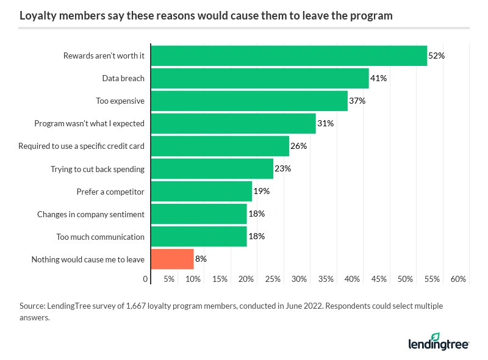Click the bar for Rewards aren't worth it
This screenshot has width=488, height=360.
point(289,56)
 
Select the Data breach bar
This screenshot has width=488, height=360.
point(260,78)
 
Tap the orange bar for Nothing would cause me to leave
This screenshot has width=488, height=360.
point(172,259)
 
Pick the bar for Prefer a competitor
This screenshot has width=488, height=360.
point(201,191)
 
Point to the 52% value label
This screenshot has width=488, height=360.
point(436,56)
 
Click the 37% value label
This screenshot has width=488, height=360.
point(357,101)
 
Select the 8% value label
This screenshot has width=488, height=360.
point(201,259)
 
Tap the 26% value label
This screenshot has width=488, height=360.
point(298,146)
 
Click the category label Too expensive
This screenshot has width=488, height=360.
point(120,101)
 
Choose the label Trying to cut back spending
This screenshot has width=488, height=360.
point(98,168)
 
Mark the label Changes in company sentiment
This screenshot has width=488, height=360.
point(91,214)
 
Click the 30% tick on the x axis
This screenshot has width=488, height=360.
point(299,279)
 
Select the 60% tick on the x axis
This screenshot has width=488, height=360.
point(458,279)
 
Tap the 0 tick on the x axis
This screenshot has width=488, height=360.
point(146,279)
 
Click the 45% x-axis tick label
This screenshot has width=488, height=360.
point(379,279)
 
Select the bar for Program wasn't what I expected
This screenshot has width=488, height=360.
point(233,123)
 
